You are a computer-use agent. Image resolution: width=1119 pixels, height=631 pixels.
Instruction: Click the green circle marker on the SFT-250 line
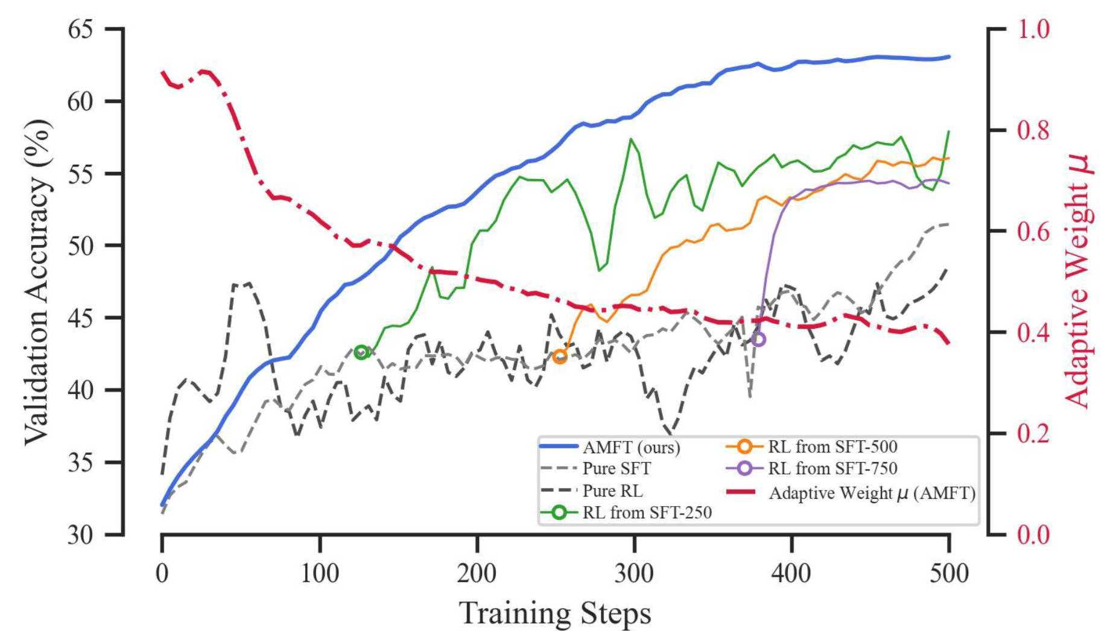361,352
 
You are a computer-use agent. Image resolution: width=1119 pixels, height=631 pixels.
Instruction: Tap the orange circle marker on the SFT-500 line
560,357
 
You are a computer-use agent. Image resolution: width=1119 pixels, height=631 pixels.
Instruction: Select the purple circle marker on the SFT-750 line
759,340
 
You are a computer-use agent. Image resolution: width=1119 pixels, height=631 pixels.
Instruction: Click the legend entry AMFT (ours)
631,447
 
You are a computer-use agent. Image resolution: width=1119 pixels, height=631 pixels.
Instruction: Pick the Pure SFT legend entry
617,469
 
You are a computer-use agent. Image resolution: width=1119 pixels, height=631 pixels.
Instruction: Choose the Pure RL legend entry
612,491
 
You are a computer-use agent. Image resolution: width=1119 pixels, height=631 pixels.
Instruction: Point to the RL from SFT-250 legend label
647,513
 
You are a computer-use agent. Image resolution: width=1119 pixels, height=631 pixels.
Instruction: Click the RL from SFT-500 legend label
832,447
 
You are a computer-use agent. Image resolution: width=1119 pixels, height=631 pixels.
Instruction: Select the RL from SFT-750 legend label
832,469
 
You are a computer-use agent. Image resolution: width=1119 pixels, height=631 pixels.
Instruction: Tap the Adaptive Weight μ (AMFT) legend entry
872,493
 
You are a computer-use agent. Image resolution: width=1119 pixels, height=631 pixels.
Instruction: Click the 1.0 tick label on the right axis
1034,29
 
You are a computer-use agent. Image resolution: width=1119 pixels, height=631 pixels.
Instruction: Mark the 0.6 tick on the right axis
1034,231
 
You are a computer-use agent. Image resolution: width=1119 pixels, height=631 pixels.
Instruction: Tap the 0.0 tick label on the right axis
1034,534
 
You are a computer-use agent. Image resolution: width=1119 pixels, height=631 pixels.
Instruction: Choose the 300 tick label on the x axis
635,574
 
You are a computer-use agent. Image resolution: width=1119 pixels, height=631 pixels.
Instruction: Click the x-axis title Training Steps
555,614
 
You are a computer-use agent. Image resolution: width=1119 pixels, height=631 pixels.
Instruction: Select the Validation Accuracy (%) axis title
37,282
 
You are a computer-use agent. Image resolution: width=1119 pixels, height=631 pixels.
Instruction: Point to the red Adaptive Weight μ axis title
1078,282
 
